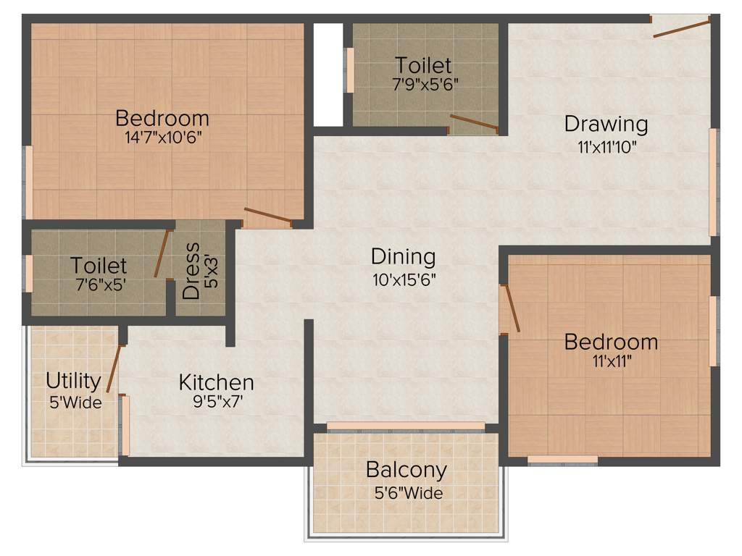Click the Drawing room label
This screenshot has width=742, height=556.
pyautogui.click(x=606, y=124)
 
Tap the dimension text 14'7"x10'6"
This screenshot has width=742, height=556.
pyautogui.click(x=162, y=138)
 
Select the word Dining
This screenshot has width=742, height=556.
pyautogui.click(x=403, y=256)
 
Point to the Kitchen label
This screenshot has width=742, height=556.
pyautogui.click(x=216, y=382)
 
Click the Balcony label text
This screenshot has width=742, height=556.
pyautogui.click(x=406, y=470)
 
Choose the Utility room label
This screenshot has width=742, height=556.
pyautogui.click(x=73, y=380)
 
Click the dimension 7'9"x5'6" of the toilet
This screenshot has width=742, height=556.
pyautogui.click(x=424, y=84)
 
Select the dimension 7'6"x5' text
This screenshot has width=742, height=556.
pyautogui.click(x=99, y=285)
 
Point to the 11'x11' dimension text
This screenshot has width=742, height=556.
pyautogui.click(x=611, y=361)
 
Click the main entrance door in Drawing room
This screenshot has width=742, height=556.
pyautogui.click(x=681, y=28)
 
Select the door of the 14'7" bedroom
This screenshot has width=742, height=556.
pyautogui.click(x=268, y=216)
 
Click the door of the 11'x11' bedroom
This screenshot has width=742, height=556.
pyautogui.click(x=511, y=308)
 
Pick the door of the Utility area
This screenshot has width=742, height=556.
pyautogui.click(x=114, y=368)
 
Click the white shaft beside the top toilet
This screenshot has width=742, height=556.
pyautogui.click(x=328, y=75)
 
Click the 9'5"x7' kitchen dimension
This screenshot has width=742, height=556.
pyautogui.click(x=216, y=403)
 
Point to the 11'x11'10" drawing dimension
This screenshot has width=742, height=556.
pyautogui.click(x=606, y=146)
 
